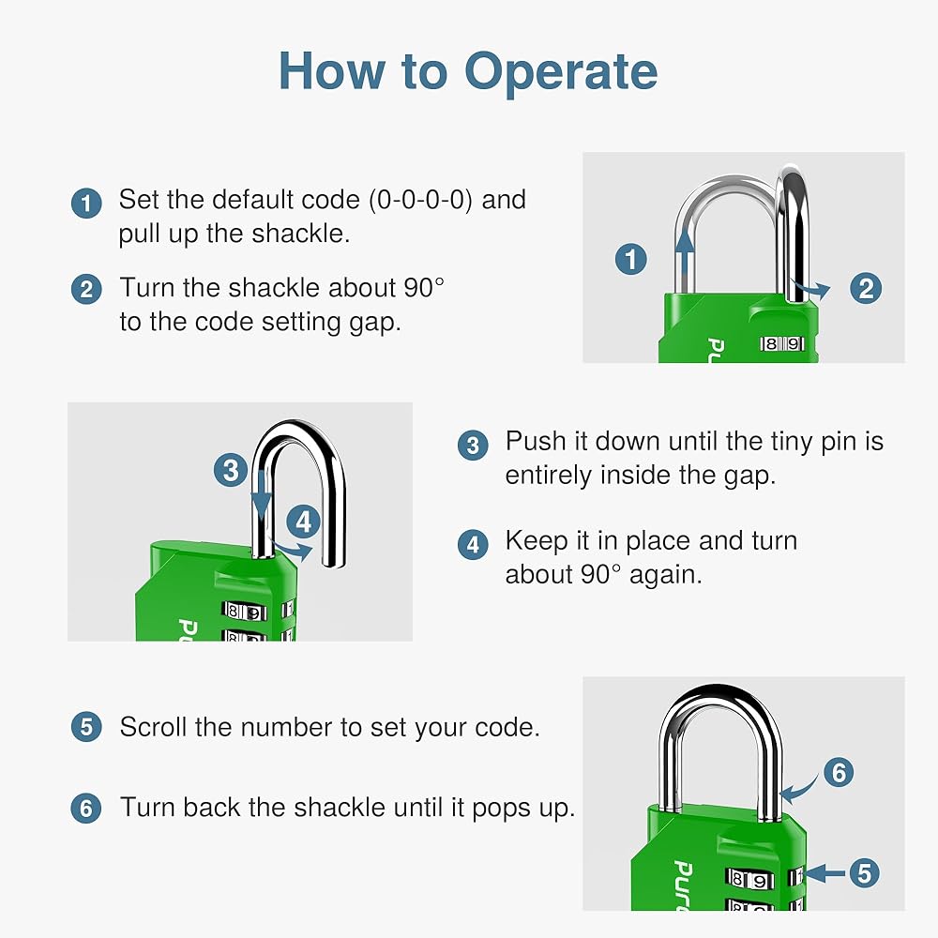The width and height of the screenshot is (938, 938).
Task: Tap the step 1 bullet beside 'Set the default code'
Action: pyautogui.click(x=86, y=204)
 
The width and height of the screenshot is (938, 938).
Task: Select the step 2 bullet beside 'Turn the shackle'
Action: pyautogui.click(x=86, y=290)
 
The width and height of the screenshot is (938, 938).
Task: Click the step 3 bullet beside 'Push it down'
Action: pyautogui.click(x=473, y=445)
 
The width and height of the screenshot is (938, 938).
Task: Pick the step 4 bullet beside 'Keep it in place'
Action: pyautogui.click(x=473, y=544)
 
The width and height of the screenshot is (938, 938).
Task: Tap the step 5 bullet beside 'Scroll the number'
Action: pyautogui.click(x=86, y=728)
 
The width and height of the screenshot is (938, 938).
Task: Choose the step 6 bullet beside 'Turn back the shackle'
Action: pyautogui.click(x=86, y=808)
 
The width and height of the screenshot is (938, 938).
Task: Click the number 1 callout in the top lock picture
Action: pyautogui.click(x=631, y=259)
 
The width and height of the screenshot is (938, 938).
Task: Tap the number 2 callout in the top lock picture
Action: pyautogui.click(x=866, y=289)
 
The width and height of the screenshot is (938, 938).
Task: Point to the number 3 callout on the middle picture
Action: pyautogui.click(x=231, y=469)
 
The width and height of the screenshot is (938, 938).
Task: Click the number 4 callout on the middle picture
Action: pyautogui.click(x=302, y=522)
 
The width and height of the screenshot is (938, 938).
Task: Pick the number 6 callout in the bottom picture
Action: pyautogui.click(x=838, y=773)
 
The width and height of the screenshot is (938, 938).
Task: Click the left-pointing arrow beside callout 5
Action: pyautogui.click(x=825, y=873)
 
